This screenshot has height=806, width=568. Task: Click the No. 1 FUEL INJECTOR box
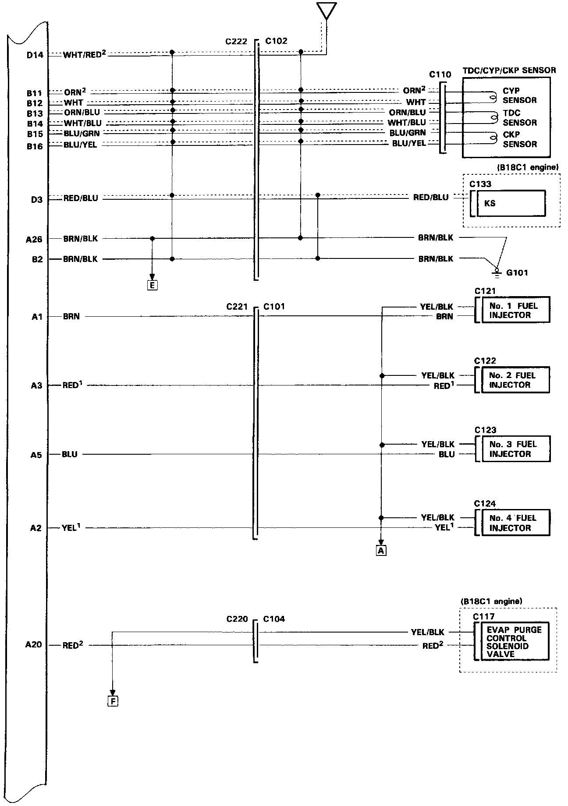pyautogui.click(x=515, y=310)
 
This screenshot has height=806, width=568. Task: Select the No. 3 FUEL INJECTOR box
pyautogui.click(x=515, y=449)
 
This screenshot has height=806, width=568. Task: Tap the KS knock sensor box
pyautogui.click(x=511, y=203)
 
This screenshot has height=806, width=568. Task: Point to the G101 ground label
pyautogui.click(x=517, y=273)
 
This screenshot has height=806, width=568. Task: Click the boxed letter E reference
pyautogui.click(x=152, y=286)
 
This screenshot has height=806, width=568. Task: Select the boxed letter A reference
pyautogui.click(x=381, y=551)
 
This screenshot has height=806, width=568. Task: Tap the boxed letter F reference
pyautogui.click(x=113, y=701)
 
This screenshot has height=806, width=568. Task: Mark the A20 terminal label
pyautogui.click(x=33, y=644)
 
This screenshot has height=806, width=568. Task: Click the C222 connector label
pyautogui.click(x=236, y=42)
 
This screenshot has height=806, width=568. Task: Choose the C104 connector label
pyautogui.click(x=274, y=619)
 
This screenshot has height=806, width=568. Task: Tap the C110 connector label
pyautogui.click(x=440, y=74)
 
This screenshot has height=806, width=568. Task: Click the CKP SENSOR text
pyautogui.click(x=519, y=139)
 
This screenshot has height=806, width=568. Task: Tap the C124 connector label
pyautogui.click(x=485, y=504)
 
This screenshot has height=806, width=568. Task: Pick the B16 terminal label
pyautogui.click(x=35, y=146)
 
